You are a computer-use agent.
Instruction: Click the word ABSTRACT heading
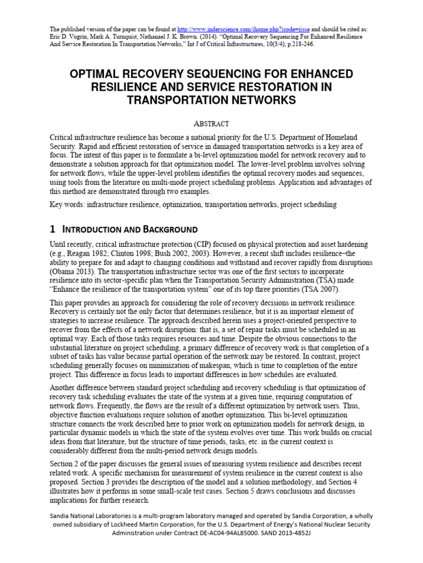211,124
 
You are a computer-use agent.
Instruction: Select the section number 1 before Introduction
53,229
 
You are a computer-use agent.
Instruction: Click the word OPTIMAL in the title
97,74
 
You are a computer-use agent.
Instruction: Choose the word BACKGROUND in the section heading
168,229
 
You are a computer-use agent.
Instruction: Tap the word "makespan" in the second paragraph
247,365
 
